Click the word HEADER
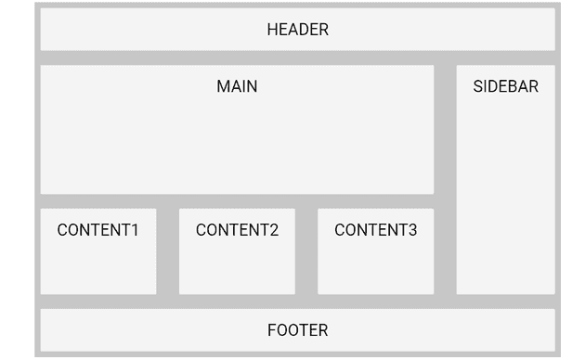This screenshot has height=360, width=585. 297,30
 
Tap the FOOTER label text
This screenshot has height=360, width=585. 297,330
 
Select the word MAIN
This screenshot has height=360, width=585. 237,86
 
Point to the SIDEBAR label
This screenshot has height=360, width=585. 505,86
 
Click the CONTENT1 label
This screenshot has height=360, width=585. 97,230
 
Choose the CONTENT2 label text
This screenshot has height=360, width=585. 237,230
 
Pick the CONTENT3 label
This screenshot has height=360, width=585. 375,230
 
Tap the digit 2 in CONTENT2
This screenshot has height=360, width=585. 273,230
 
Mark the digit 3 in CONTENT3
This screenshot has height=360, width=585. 412,230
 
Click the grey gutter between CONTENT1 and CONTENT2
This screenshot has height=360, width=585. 167,251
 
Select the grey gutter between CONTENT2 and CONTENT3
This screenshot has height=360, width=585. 306,251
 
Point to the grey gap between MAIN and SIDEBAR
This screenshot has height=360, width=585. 445,130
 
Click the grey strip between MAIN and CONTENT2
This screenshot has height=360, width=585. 237,201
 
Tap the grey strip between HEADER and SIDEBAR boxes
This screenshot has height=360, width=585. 505,58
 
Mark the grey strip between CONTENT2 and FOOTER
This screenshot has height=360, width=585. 237,302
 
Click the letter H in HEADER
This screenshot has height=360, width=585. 272,30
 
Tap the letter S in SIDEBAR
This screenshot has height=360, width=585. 478,86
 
